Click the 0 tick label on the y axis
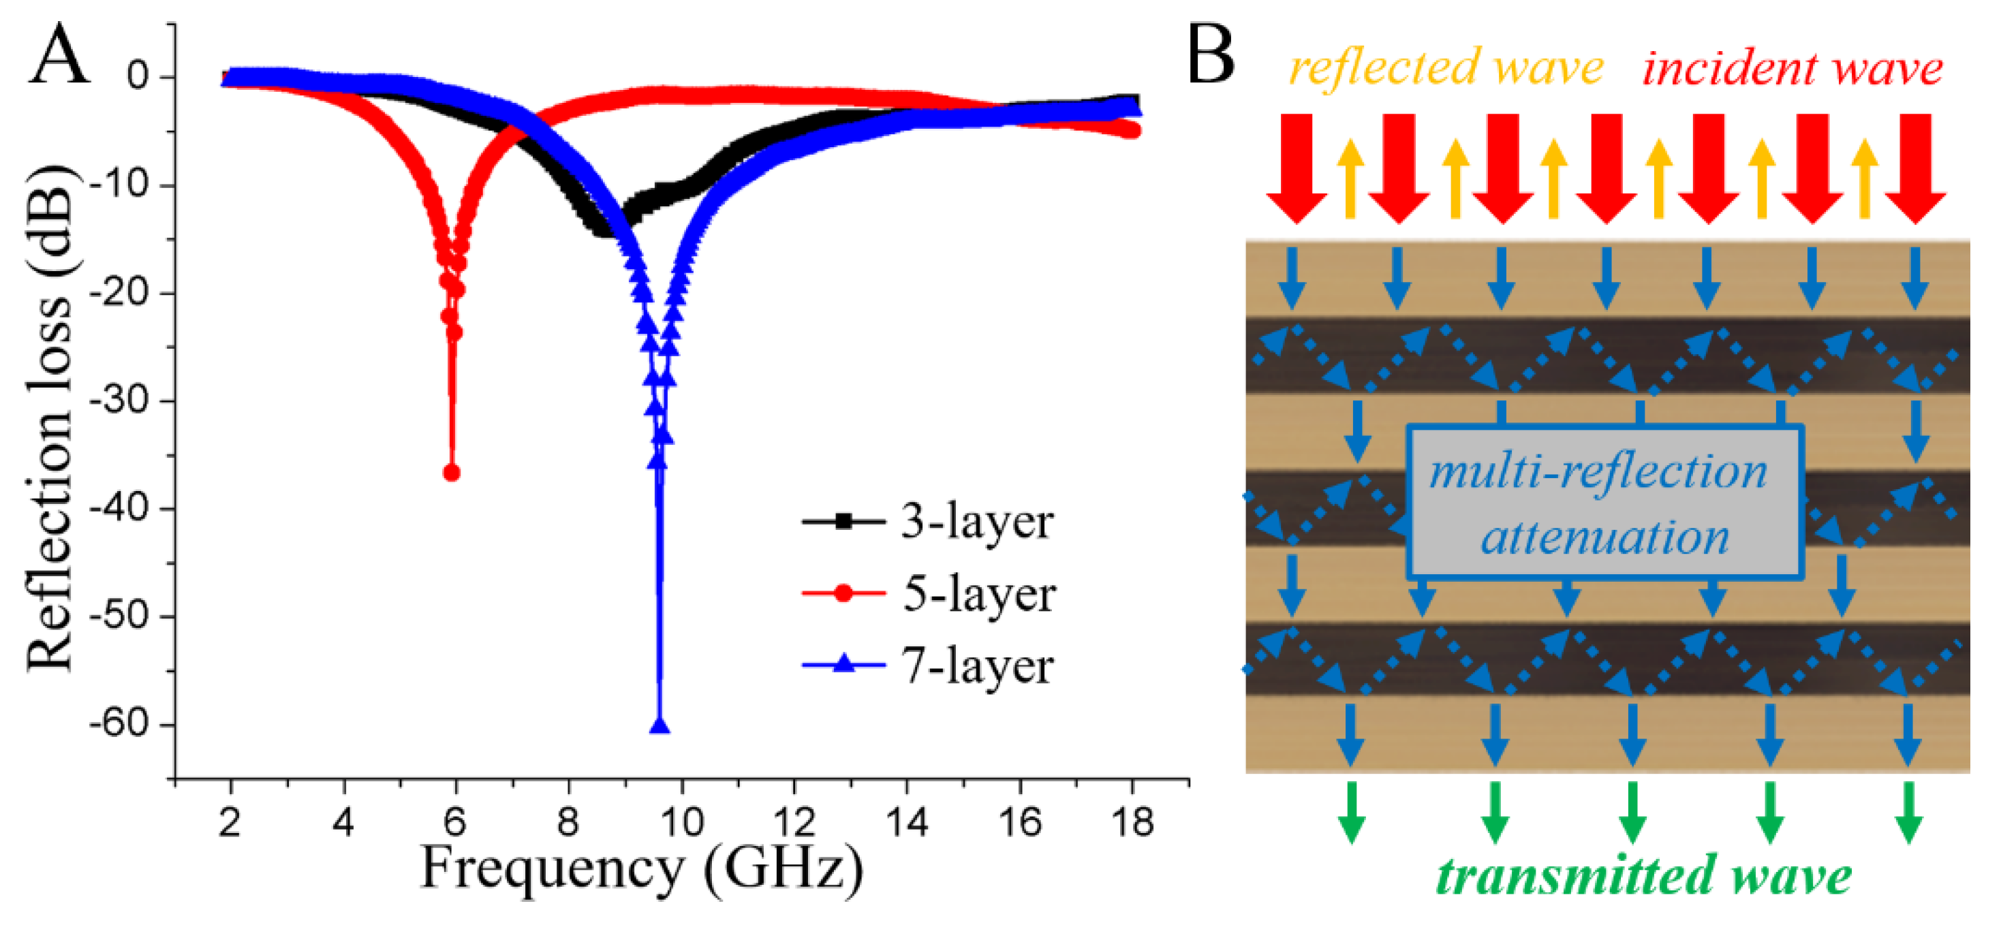[x=139, y=77]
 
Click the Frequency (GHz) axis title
[x=642, y=870]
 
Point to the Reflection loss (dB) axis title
[x=50, y=420]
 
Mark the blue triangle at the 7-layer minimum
[x=660, y=726]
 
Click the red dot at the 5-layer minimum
[x=451, y=473]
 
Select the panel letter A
[x=59, y=54]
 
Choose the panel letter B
[x=1210, y=54]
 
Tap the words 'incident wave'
[x=1792, y=69]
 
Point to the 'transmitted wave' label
[x=1643, y=876]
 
